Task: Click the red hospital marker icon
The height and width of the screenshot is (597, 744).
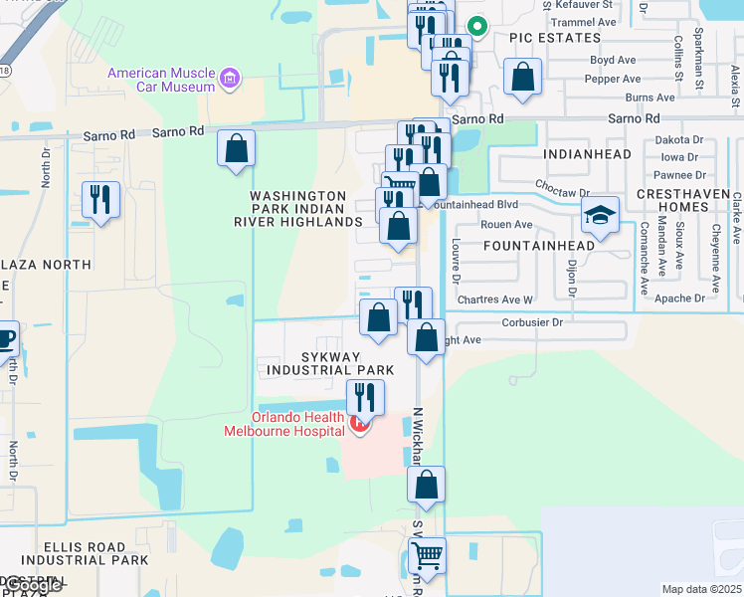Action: [360, 426]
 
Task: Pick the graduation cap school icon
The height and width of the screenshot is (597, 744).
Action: [601, 214]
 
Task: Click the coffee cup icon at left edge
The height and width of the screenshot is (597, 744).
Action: [5, 339]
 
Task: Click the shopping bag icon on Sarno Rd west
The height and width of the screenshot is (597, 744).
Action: [237, 148]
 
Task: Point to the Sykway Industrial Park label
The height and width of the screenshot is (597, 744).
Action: [330, 363]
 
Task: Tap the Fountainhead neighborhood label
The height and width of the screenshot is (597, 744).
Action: [538, 245]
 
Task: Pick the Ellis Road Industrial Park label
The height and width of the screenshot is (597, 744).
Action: [84, 553]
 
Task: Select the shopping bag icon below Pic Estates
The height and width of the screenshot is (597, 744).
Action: [522, 78]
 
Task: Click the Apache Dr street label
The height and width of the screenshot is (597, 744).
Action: [680, 298]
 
